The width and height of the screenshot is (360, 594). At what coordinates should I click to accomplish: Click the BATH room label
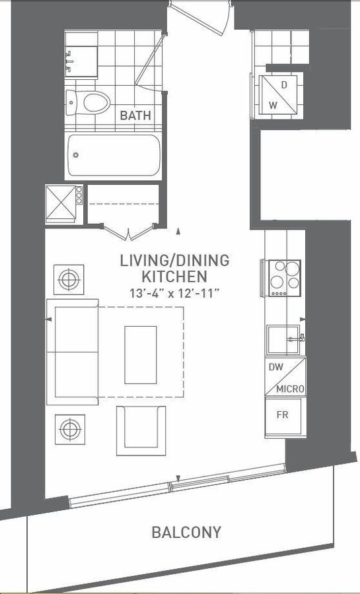pyautogui.click(x=135, y=115)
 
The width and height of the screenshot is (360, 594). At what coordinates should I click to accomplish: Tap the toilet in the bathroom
pyautogui.click(x=88, y=102)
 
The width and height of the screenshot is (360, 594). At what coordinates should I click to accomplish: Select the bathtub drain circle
pyautogui.click(x=76, y=155)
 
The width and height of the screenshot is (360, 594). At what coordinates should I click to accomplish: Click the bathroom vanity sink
pyautogui.click(x=81, y=61)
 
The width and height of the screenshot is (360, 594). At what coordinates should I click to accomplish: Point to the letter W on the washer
pyautogui.click(x=273, y=105)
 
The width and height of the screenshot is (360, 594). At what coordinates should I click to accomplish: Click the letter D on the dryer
pyautogui.click(x=284, y=85)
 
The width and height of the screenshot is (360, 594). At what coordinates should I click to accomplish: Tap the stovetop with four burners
pyautogui.click(x=284, y=278)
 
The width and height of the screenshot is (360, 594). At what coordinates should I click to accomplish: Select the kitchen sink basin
pyautogui.click(x=283, y=339)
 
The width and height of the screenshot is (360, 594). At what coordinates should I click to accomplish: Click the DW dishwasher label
pyautogui.click(x=276, y=367)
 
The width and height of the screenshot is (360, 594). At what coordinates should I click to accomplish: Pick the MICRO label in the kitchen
pyautogui.click(x=290, y=389)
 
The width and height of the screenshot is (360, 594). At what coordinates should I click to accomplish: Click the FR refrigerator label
pyautogui.click(x=282, y=415)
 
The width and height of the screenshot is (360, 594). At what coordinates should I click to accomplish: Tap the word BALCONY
pyautogui.click(x=186, y=532)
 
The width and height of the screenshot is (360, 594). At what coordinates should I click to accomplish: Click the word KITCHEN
pyautogui.click(x=174, y=277)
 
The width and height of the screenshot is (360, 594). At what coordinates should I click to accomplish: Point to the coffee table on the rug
pyautogui.click(x=141, y=355)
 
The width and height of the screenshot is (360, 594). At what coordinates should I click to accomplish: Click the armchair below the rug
pyautogui.click(x=141, y=431)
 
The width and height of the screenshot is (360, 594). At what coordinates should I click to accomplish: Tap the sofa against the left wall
pyautogui.click(x=73, y=352)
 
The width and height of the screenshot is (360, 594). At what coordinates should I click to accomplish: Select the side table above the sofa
pyautogui.click(x=69, y=280)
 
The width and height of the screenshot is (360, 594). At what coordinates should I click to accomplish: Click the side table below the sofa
pyautogui.click(x=70, y=429)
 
